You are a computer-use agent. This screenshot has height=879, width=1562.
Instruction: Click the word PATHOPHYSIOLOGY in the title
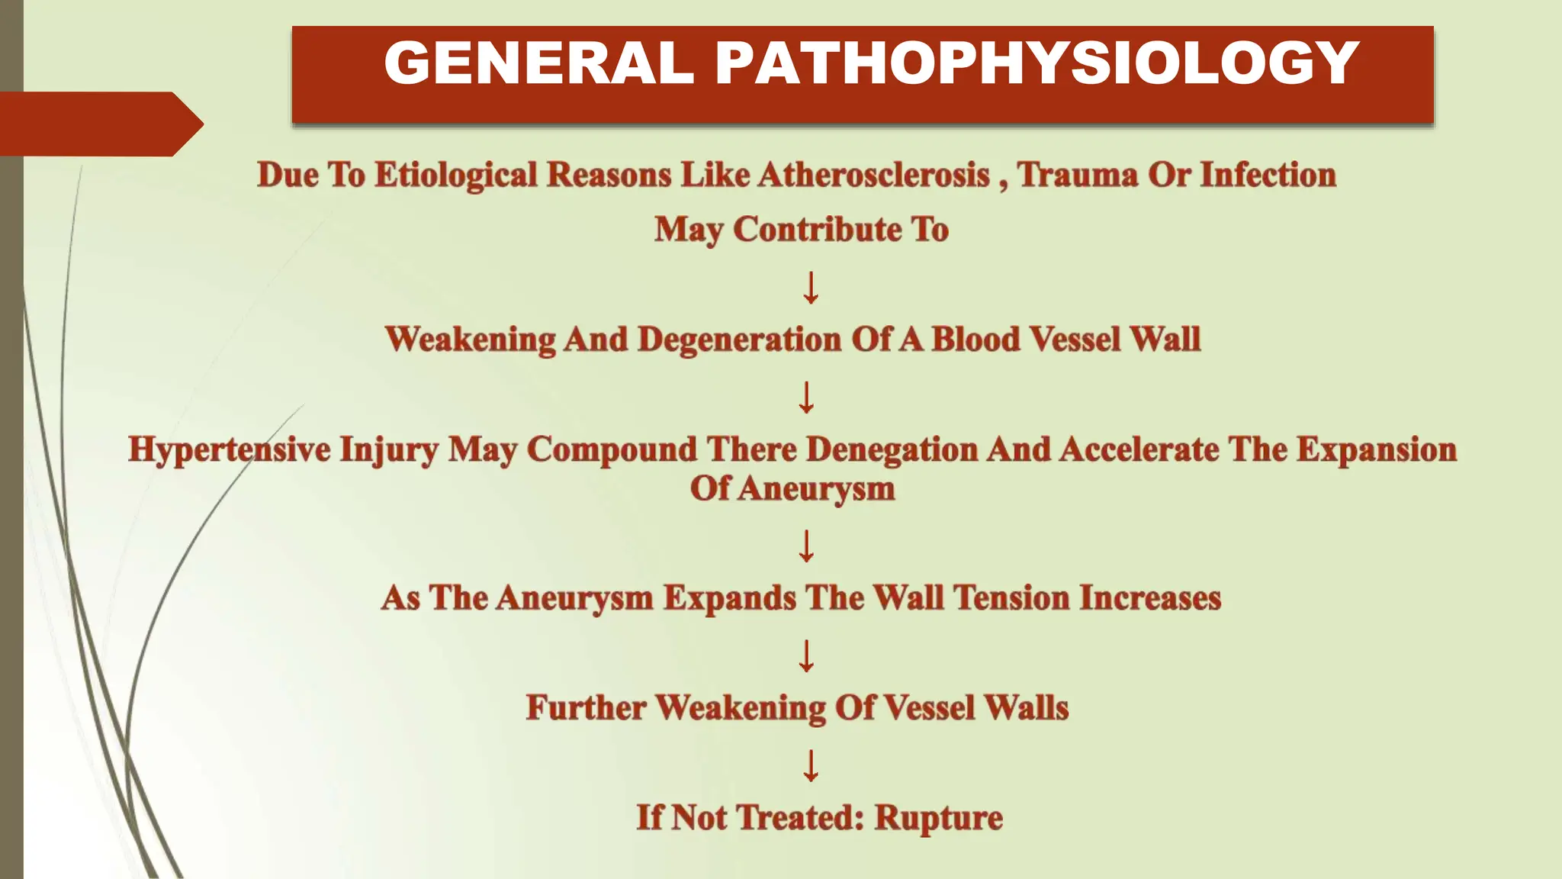(1037, 63)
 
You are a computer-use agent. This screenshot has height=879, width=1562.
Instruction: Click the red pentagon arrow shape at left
(99, 124)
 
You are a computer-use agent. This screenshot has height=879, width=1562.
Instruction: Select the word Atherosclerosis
(873, 175)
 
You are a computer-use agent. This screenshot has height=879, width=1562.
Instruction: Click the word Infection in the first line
(1268, 175)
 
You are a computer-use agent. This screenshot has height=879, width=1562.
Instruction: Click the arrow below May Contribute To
(811, 288)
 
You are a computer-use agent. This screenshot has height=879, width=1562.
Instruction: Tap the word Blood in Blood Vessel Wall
(975, 340)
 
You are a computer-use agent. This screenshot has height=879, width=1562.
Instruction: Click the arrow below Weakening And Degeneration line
(806, 398)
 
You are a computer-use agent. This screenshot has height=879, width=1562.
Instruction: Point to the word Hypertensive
(229, 449)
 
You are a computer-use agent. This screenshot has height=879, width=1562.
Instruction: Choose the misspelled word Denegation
(892, 449)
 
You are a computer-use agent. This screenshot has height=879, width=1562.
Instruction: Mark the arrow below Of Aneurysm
(806, 546)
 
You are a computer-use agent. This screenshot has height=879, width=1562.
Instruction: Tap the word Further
(586, 707)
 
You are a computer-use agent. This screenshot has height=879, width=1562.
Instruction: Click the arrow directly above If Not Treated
(811, 765)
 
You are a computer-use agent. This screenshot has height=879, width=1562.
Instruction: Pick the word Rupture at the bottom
(938, 817)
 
